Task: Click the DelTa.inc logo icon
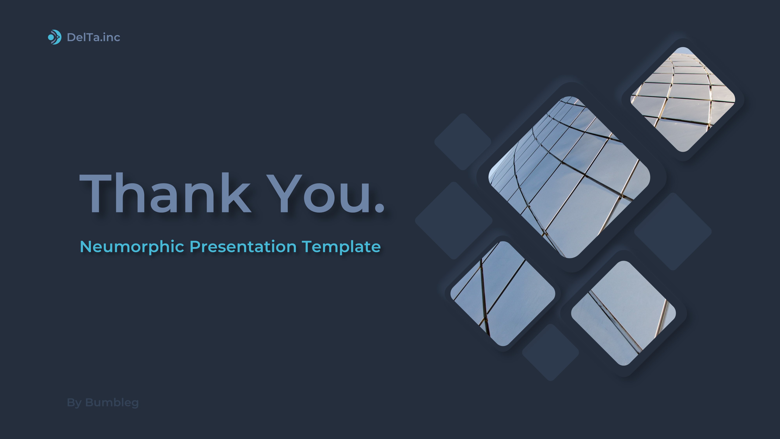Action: [55, 37]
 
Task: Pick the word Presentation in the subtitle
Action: [243, 247]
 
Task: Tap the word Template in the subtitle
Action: [341, 247]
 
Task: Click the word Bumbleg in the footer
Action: [112, 403]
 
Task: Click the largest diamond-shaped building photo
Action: [569, 177]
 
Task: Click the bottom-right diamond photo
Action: [623, 313]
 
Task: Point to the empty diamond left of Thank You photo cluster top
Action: [463, 141]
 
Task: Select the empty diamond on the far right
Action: [673, 231]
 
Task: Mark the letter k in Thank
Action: [234, 193]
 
